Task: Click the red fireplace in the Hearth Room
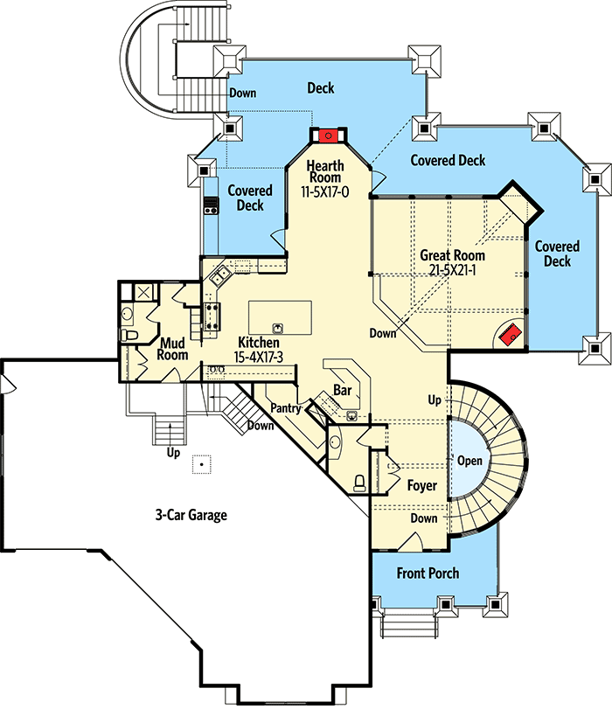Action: [x=329, y=136]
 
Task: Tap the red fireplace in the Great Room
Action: [x=511, y=335]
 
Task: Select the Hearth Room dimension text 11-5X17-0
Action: [x=325, y=192]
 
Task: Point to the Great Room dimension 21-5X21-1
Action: [x=452, y=270]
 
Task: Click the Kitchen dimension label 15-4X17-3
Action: [x=258, y=358]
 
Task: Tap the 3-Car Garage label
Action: [x=191, y=515]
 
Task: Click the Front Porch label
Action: [x=428, y=573]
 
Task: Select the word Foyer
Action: [x=422, y=485]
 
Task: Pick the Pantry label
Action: [x=286, y=408]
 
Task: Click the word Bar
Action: [x=343, y=390]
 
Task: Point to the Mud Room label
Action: [x=172, y=349]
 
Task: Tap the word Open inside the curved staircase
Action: [x=470, y=461]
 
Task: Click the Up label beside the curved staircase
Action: [x=435, y=400]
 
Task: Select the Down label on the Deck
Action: [x=243, y=94]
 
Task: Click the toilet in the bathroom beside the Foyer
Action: [x=359, y=483]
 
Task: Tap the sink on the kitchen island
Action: [x=278, y=328]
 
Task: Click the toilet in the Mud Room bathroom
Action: [x=129, y=335]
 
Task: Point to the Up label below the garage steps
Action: [x=173, y=453]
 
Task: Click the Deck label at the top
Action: [x=321, y=87]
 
